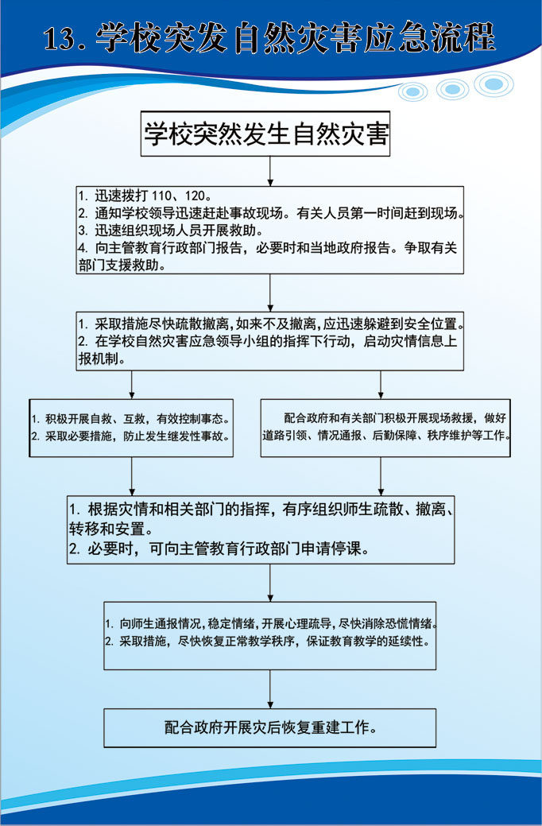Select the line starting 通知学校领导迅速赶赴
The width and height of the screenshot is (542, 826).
(270, 213)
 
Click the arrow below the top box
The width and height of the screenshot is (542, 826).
(270, 169)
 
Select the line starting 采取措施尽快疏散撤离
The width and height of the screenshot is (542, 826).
(270, 324)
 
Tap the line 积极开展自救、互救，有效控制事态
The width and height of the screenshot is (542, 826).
(131, 419)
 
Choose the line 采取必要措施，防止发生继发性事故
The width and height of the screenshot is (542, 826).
(131, 436)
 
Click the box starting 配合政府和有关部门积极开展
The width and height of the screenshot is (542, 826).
(386, 427)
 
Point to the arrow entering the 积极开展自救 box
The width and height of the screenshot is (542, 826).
(131, 387)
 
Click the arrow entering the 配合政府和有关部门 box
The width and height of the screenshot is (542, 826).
(381, 387)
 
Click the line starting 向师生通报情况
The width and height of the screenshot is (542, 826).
(270, 623)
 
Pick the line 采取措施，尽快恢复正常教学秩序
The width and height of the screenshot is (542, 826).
(270, 641)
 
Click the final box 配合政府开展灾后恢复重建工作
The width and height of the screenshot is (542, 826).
(270, 727)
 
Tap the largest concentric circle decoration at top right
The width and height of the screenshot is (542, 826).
(494, 83)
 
